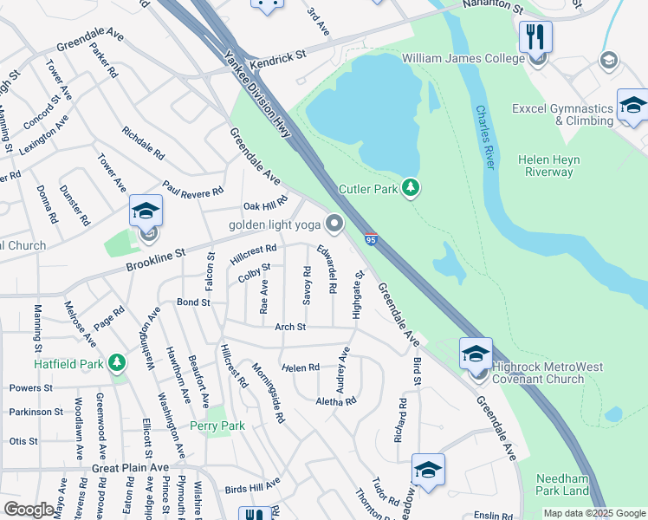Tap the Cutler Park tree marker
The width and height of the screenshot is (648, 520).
[411, 187]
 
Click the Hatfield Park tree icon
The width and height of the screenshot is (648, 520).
[116, 362]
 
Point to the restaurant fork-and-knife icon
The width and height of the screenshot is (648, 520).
[535, 36]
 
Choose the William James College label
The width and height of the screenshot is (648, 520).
[463, 59]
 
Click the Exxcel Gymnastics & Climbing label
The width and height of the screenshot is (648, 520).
[562, 114]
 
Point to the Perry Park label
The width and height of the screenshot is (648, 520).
[217, 426]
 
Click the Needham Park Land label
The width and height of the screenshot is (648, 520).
[562, 484]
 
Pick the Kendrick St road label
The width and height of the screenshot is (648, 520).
[279, 60]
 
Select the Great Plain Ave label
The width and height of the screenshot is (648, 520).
[130, 467]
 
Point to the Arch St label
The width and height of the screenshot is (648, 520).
[290, 327]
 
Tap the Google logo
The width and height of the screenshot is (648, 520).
[29, 510]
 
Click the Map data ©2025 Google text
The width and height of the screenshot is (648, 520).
[593, 513]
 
